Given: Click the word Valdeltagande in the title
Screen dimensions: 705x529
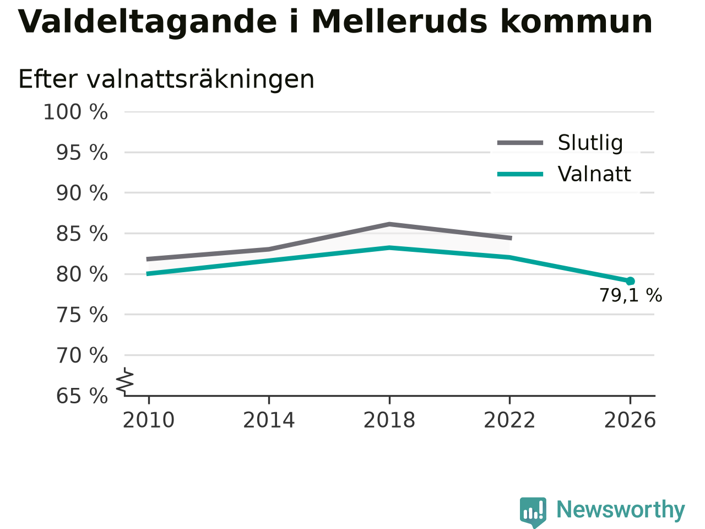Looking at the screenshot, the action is [x=147, y=23].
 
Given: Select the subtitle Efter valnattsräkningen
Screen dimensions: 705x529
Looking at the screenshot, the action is [x=166, y=79].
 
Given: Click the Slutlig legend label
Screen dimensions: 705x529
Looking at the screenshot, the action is [x=590, y=143].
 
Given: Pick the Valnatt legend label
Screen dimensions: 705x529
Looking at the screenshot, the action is [x=594, y=174].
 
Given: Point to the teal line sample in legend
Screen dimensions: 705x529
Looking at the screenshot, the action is [x=520, y=175].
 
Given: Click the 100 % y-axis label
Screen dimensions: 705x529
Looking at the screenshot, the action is [x=75, y=112].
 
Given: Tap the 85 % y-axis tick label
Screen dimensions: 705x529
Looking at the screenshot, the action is [x=82, y=234].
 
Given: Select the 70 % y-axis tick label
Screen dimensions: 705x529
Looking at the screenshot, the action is [x=82, y=355].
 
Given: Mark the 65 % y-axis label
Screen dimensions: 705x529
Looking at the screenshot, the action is [x=82, y=396].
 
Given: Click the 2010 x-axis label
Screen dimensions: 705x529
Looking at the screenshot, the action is [x=148, y=420].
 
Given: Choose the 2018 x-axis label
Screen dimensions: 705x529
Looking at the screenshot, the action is [x=389, y=420].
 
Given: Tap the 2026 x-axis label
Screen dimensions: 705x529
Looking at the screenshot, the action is [x=630, y=420].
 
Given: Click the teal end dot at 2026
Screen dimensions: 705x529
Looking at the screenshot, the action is [x=630, y=282].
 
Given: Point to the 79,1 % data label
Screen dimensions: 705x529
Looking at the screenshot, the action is [x=631, y=295].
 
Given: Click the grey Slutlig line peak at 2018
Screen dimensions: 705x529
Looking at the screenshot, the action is [x=389, y=224].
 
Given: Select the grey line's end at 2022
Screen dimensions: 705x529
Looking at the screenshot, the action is [x=511, y=238].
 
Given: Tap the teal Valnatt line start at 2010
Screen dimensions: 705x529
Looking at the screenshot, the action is [x=147, y=274].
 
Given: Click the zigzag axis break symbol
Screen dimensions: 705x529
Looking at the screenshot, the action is [x=124, y=381].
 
